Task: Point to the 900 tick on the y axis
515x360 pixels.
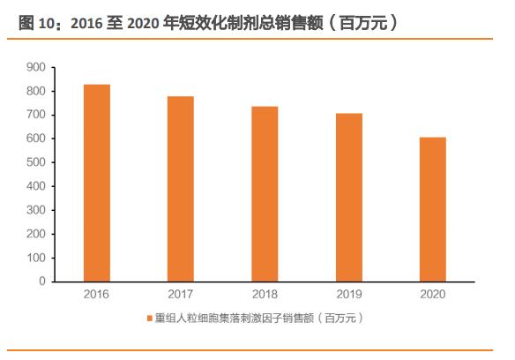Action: pyautogui.click(x=35, y=67)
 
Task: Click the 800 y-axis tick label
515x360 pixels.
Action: pyautogui.click(x=35, y=91)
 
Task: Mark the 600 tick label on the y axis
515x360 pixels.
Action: pyautogui.click(x=35, y=139)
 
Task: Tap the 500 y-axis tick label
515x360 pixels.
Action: pyautogui.click(x=35, y=162)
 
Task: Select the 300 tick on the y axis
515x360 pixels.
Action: pyautogui.click(x=35, y=210)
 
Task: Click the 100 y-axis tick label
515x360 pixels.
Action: pyautogui.click(x=35, y=258)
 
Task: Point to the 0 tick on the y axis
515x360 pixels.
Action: pyautogui.click(x=41, y=281)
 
